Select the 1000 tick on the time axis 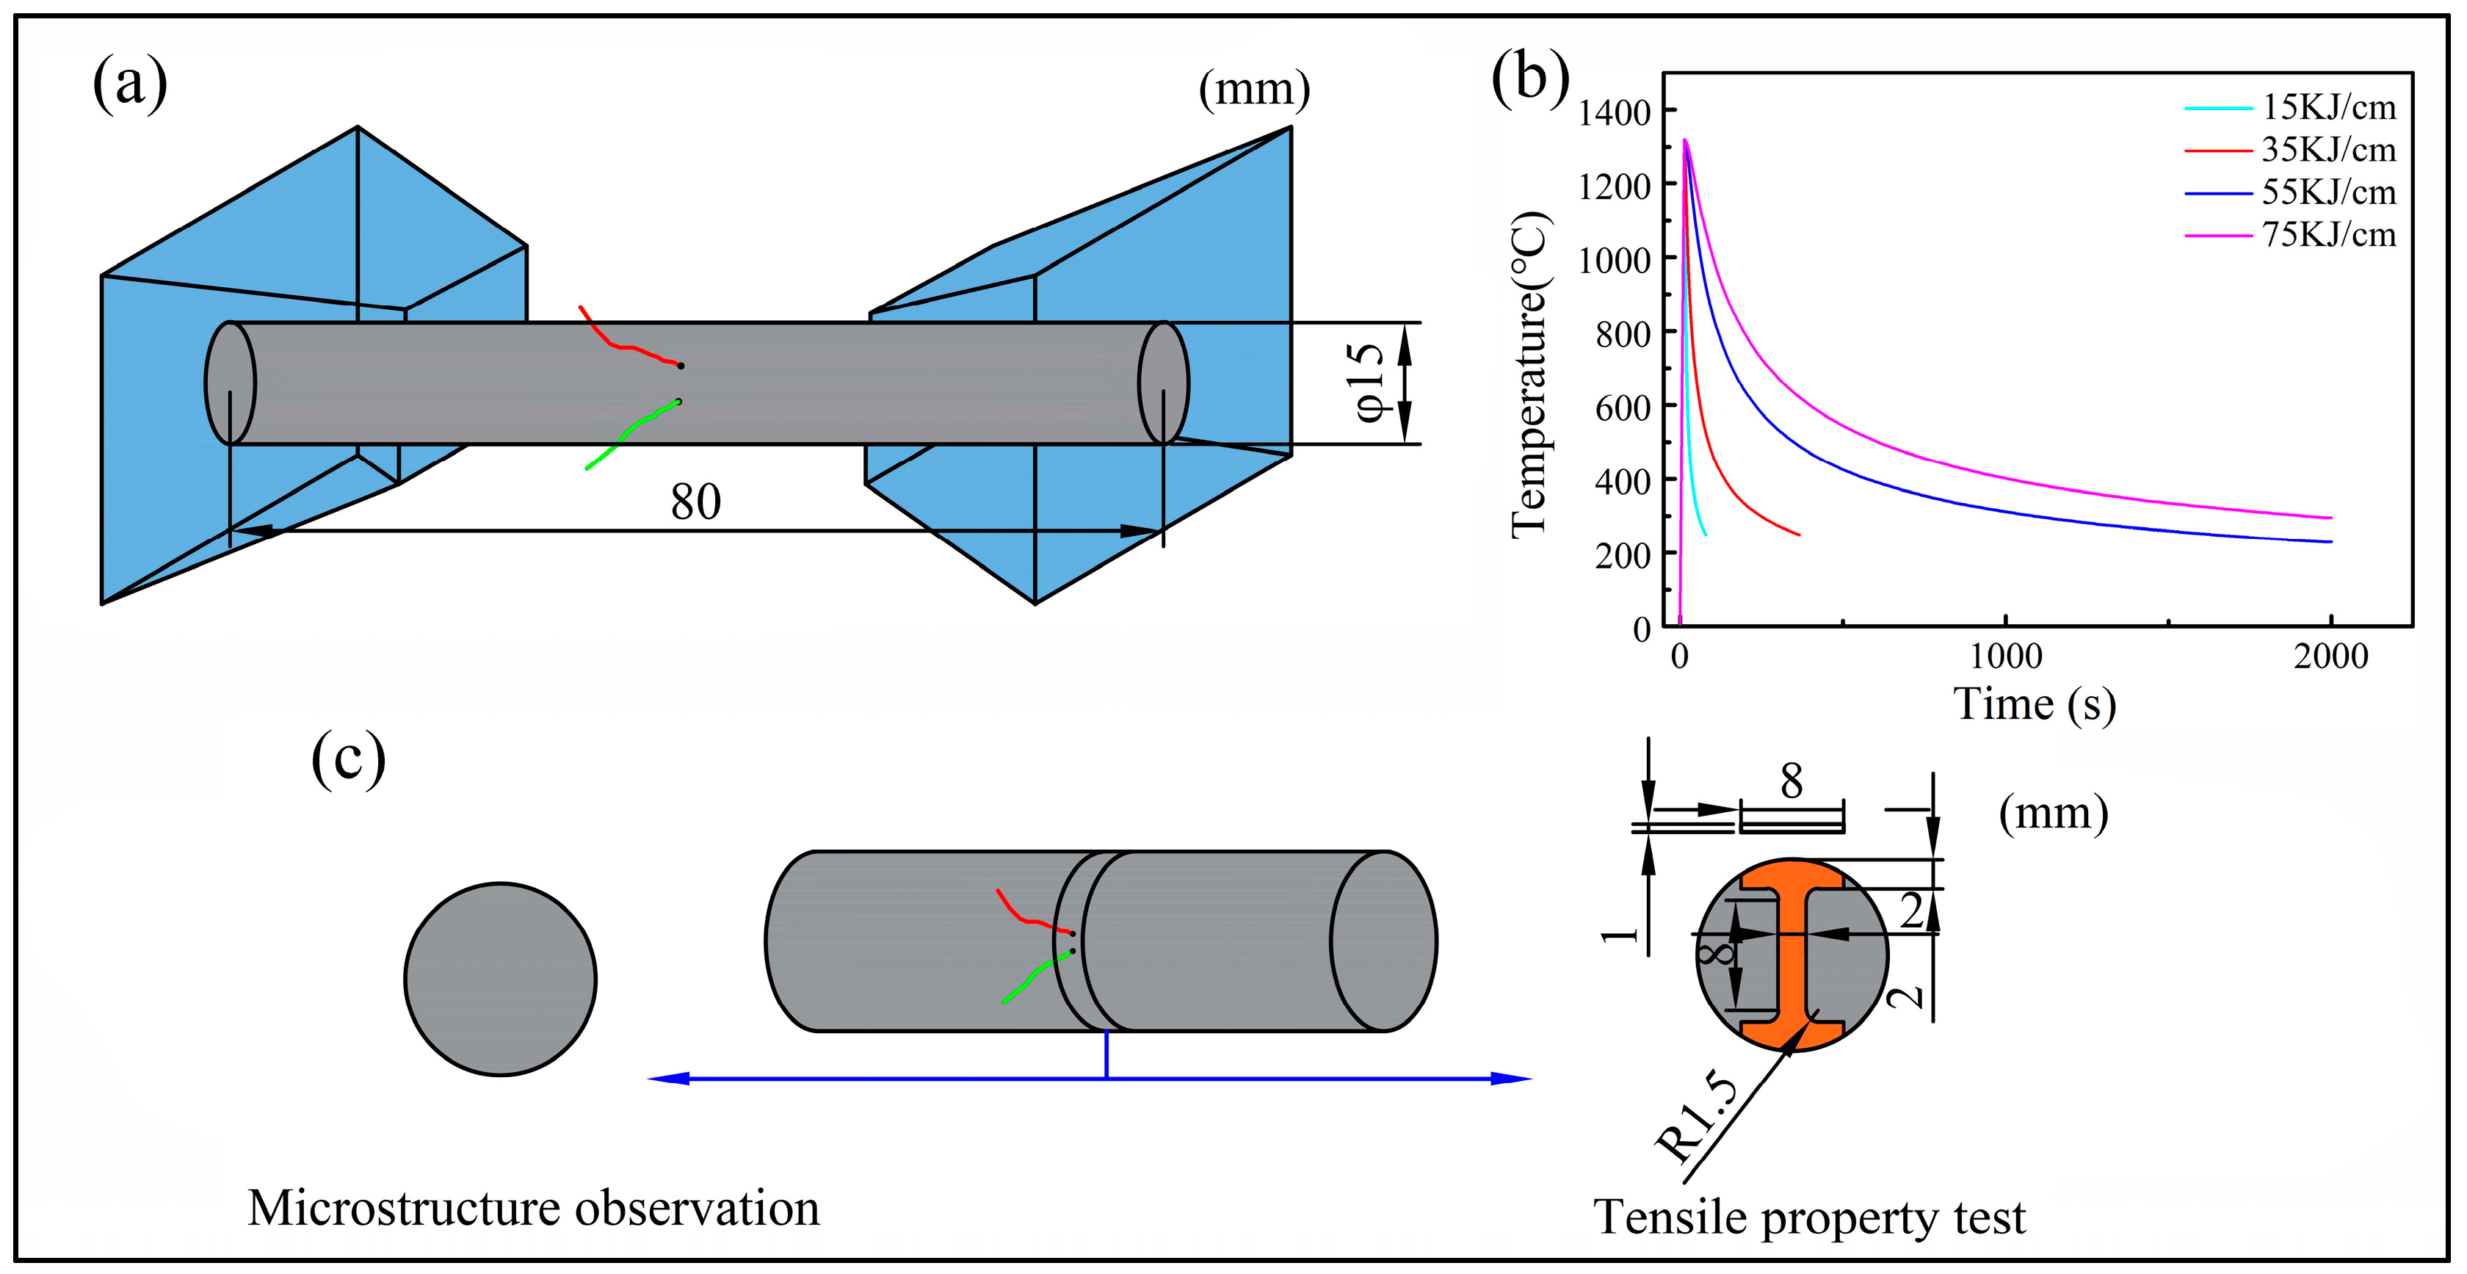point(2005,656)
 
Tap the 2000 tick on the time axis point(2330,656)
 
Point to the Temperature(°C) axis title point(1529,374)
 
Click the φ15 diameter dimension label point(1369,383)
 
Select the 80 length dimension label point(695,502)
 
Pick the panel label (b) point(1530,76)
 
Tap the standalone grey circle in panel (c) point(500,979)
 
